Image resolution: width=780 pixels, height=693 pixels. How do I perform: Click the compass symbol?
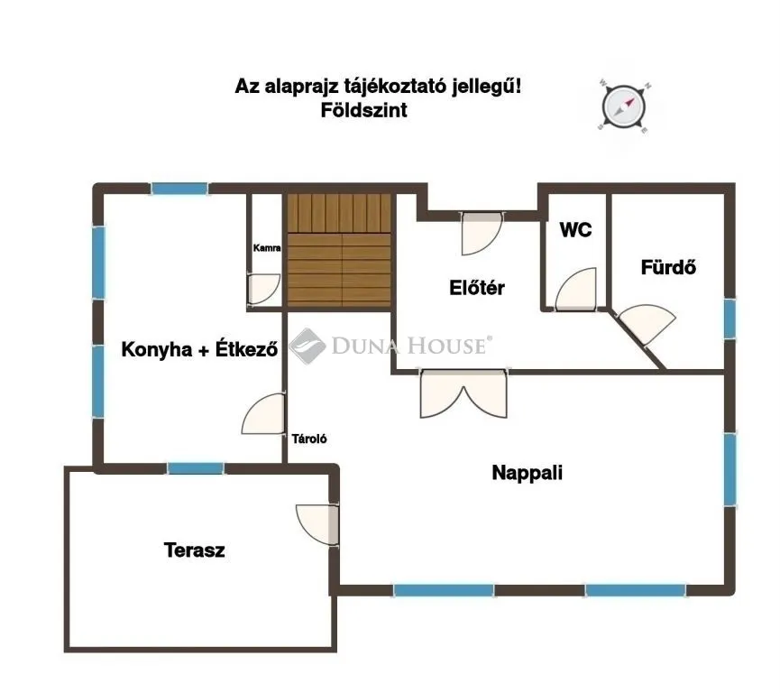[623, 106]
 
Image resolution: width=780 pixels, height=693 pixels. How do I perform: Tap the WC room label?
[575, 230]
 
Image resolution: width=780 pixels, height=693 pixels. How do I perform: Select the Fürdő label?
[668, 267]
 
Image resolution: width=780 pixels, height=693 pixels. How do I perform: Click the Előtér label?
[476, 289]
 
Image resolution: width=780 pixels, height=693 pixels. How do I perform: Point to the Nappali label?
[528, 471]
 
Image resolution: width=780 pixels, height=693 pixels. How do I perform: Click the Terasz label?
[194, 550]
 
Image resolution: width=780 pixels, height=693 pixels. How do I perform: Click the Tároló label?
[309, 439]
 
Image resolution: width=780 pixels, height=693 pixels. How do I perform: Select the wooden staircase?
[340, 250]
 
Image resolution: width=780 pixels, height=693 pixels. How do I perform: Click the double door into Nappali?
[463, 394]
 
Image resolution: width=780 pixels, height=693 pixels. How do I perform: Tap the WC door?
[574, 290]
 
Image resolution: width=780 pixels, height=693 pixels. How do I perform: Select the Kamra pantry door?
[263, 289]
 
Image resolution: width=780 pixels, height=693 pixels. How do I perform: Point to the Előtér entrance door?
[481, 233]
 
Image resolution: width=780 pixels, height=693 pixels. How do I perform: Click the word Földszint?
[363, 111]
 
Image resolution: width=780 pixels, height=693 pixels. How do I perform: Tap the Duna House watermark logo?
[306, 346]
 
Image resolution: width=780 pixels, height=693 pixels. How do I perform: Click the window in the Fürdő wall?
[729, 319]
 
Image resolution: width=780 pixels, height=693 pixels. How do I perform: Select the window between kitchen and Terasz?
[196, 468]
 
